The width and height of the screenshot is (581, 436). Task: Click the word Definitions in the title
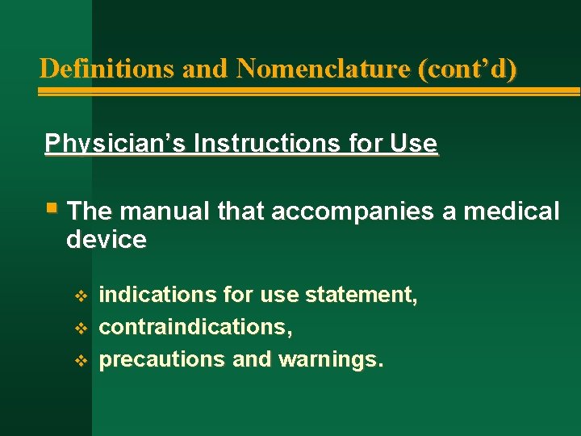click(107, 69)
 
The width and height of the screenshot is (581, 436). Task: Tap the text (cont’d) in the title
click(467, 69)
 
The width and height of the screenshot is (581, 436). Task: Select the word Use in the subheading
click(412, 144)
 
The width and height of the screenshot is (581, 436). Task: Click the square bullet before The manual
click(52, 208)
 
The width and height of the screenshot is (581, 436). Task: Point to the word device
click(107, 240)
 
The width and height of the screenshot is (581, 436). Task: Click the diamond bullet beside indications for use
click(79, 296)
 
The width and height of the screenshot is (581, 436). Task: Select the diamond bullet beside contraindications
click(79, 329)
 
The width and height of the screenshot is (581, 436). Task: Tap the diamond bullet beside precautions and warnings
click(79, 360)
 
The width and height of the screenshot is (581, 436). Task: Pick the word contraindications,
click(195, 328)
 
